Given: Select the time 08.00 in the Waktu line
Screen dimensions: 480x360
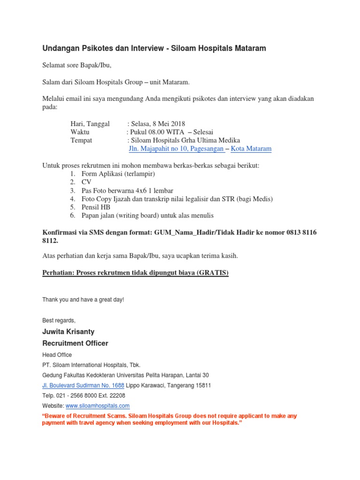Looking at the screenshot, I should tap(162, 132).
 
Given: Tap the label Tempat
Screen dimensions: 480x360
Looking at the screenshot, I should tap(81, 141).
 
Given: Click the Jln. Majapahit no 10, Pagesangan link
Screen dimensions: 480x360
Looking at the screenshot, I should tap(176, 149).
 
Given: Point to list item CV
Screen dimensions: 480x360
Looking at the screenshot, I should tap(86, 182).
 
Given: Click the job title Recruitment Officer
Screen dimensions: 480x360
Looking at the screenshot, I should tap(75, 343).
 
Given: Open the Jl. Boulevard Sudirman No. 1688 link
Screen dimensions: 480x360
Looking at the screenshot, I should tap(83, 385).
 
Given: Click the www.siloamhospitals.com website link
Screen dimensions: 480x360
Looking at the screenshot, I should tap(97, 405).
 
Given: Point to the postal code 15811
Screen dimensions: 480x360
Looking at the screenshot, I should tap(202, 385).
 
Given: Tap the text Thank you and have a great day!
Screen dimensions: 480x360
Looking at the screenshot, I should tap(83, 299).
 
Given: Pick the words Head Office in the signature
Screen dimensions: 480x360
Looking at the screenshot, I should tap(57, 355).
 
